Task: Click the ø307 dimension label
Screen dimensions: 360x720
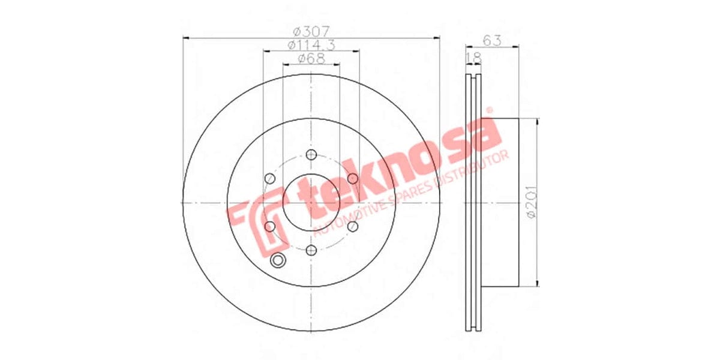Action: coord(311,31)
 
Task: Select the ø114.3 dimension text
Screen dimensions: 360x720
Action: coord(311,45)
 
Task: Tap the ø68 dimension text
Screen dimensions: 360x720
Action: coord(311,59)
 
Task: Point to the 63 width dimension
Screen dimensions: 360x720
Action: coord(492,40)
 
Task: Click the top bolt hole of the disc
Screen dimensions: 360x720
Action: coord(311,155)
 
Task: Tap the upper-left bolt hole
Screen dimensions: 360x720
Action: coord(270,179)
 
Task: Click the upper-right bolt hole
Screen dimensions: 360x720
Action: coord(352,179)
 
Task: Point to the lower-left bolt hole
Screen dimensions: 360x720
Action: coord(270,226)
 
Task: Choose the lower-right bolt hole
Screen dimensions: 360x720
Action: coord(352,226)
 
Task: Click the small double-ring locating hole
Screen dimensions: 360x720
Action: coord(278,260)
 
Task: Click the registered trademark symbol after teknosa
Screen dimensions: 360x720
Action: coord(489,110)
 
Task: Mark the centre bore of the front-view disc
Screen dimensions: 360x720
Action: coord(311,203)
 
